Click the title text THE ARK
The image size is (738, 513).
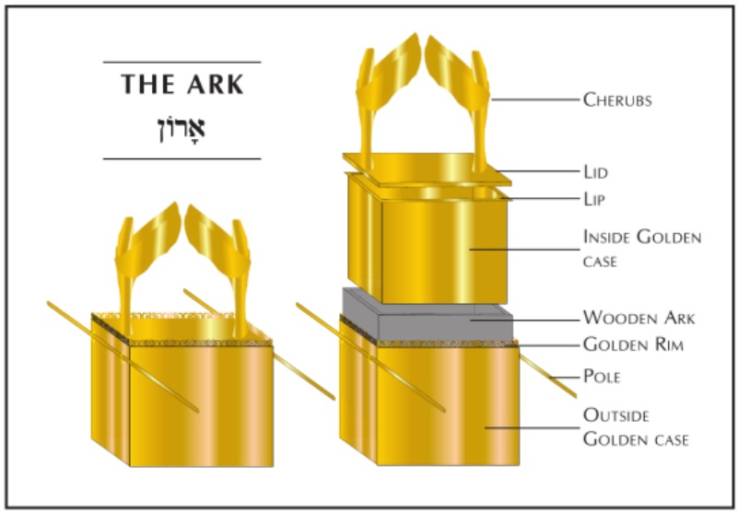(x=182, y=83)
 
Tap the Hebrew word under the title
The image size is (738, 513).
(x=182, y=126)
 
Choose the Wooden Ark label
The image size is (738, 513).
(x=638, y=318)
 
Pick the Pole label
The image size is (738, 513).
(x=603, y=376)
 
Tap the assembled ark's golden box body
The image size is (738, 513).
(x=184, y=405)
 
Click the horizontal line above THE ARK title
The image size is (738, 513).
(x=182, y=62)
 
